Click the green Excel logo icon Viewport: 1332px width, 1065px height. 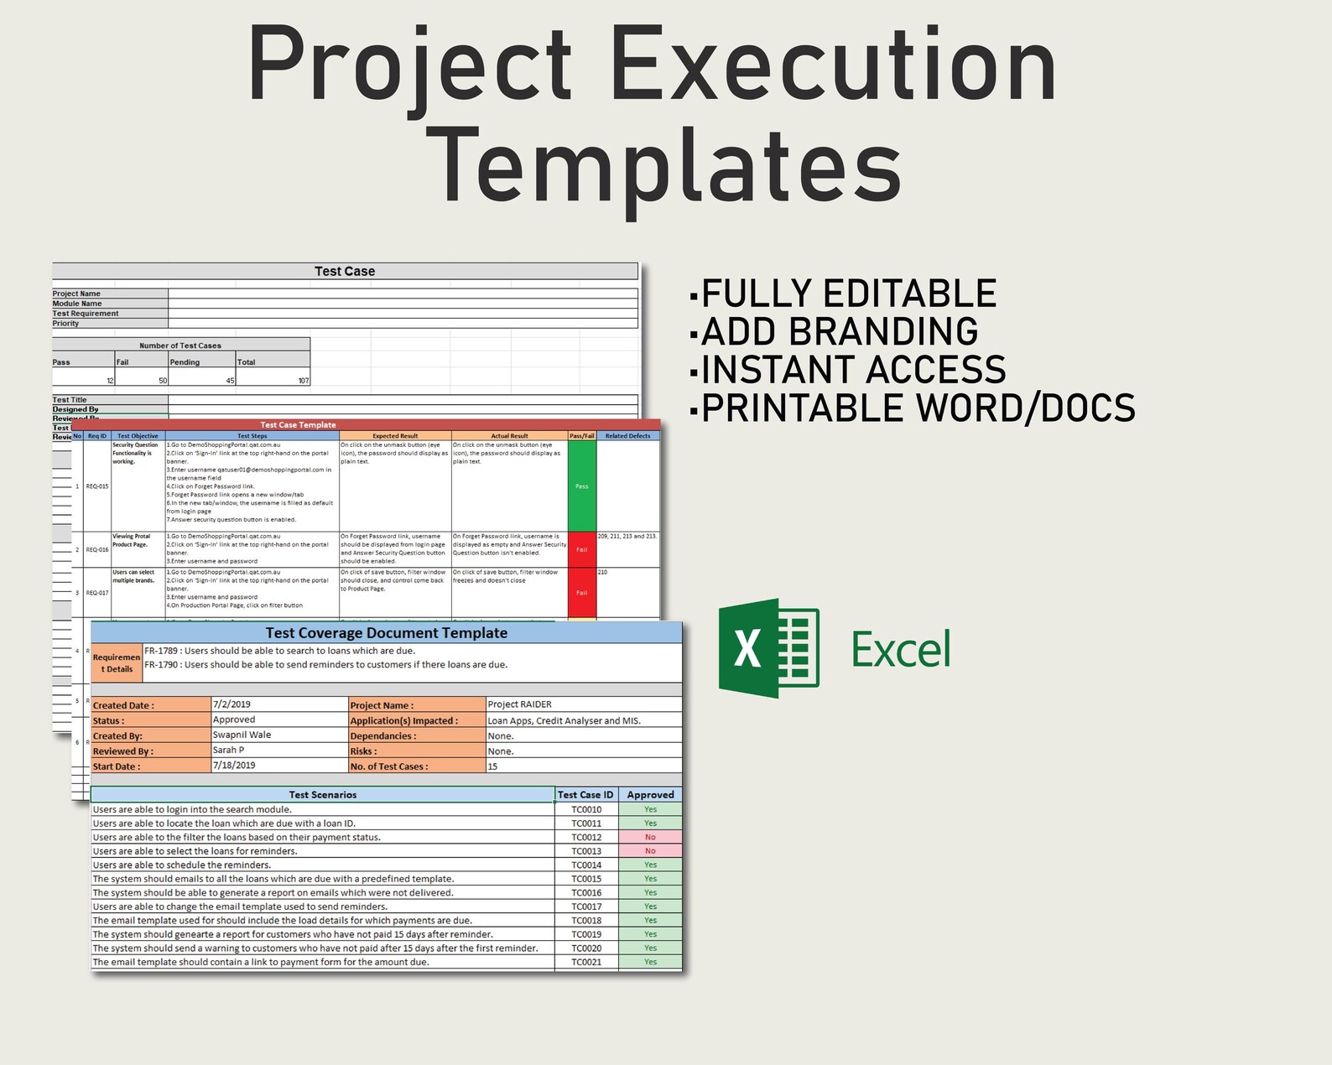tap(768, 648)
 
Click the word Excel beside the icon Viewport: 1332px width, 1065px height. tap(901, 650)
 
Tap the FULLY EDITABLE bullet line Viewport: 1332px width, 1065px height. tap(842, 294)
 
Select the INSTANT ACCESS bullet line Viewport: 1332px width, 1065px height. tap(847, 370)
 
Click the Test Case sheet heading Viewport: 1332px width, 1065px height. tap(345, 271)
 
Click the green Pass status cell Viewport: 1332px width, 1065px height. tap(581, 486)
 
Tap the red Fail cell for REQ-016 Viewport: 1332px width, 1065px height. tap(581, 549)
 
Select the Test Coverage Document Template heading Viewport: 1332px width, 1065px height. tap(387, 633)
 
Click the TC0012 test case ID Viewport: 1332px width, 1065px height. tap(586, 837)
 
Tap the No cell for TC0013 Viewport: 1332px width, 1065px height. tap(650, 851)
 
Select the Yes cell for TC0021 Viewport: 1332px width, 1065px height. tap(650, 962)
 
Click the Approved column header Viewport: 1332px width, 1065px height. tap(650, 794)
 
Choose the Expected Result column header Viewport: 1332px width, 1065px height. tap(395, 436)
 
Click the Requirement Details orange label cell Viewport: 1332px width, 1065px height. tap(117, 662)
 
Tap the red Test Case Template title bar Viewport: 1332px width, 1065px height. tap(298, 424)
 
